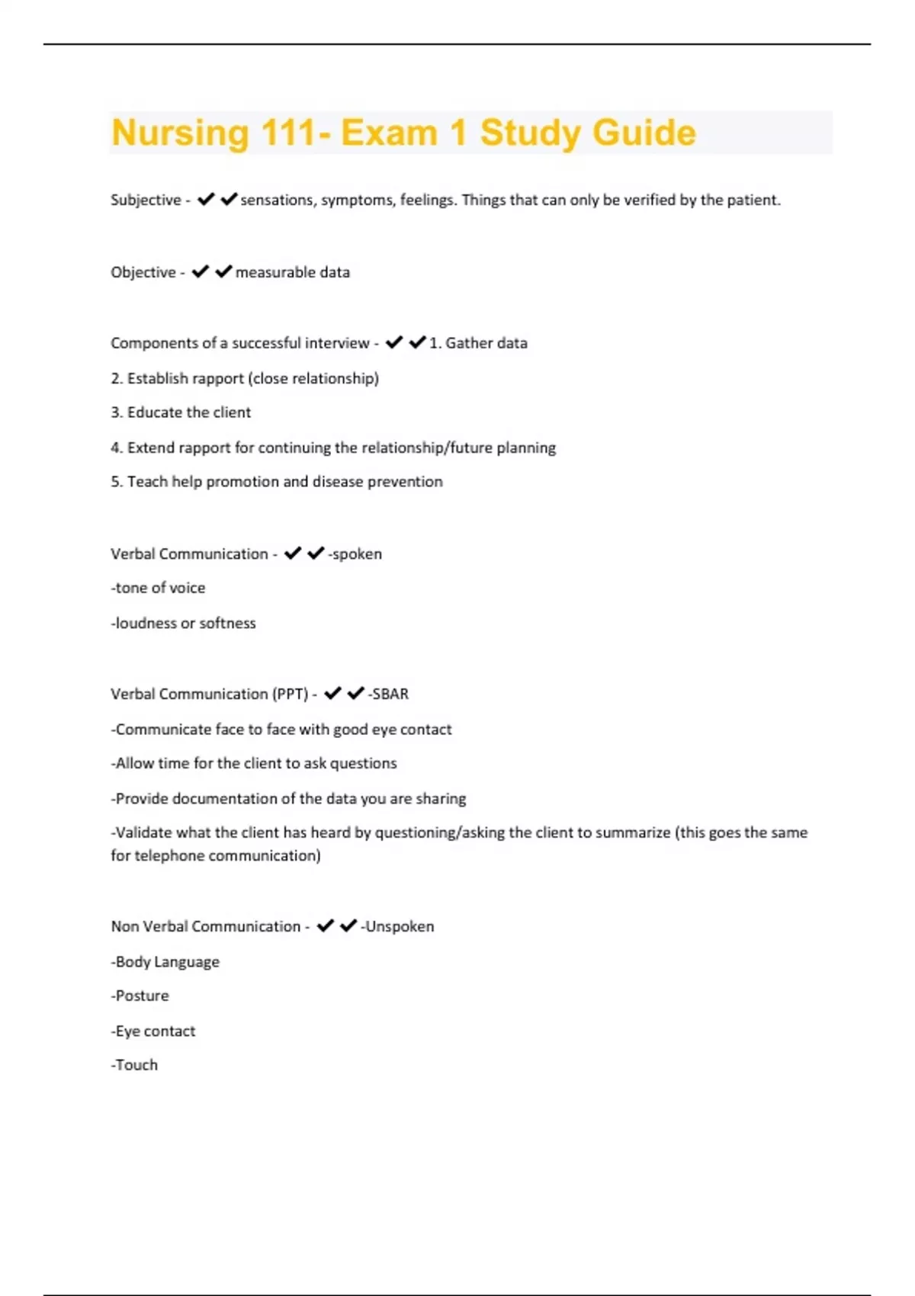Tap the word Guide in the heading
(644, 133)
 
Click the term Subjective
(145, 200)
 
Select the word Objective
(143, 272)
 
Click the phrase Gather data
(486, 343)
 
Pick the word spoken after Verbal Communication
(357, 554)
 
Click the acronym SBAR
(390, 695)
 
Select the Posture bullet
(140, 996)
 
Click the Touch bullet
(135, 1066)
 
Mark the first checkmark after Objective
(201, 271)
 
